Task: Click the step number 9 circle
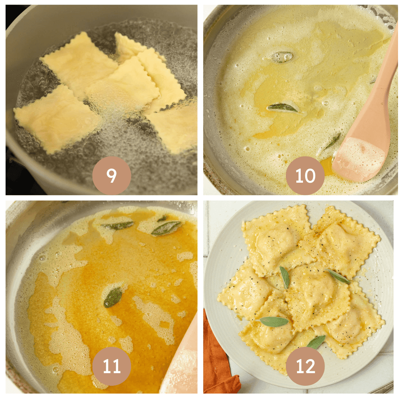pos(111,176)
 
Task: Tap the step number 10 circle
pos(305,176)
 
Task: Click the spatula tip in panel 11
pos(182,368)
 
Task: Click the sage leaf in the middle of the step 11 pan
pos(113,297)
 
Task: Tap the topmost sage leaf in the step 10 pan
pos(282,56)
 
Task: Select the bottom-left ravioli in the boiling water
pos(56,119)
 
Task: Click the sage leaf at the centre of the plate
pos(285,277)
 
